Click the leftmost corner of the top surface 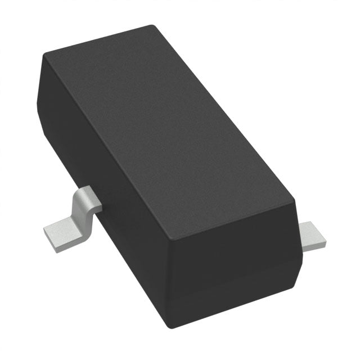(x=45, y=53)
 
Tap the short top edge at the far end (x=98, y=39)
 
